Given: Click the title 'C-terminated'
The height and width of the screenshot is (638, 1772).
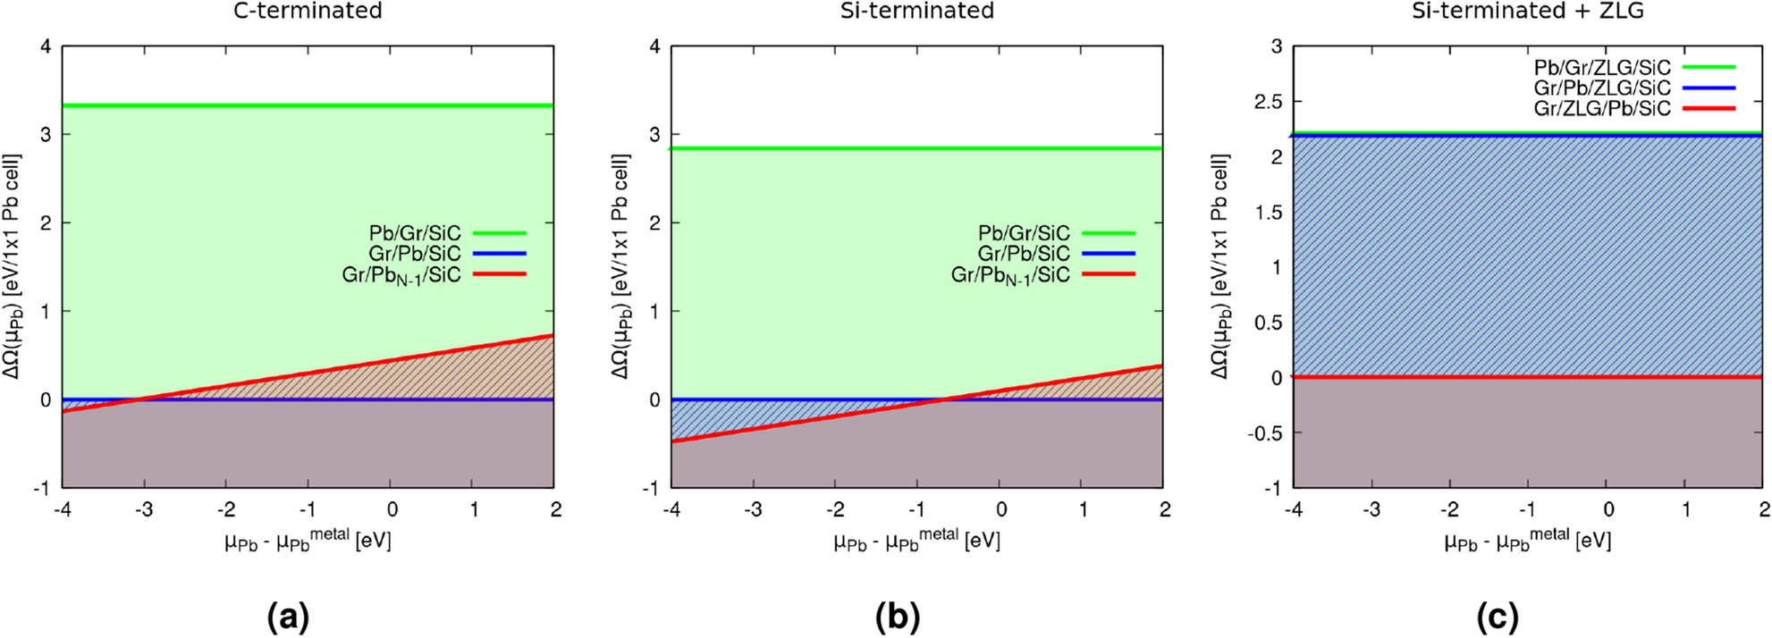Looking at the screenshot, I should point(308,11).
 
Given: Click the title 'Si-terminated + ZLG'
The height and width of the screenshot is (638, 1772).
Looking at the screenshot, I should point(1527,11).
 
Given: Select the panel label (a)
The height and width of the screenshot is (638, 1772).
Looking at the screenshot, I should point(288,617).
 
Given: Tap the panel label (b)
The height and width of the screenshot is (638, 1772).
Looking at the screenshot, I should point(898,617).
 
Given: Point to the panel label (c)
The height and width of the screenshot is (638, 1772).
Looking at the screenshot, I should point(1498,617).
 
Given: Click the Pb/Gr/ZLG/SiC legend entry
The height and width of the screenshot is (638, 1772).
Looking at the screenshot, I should point(1602,68).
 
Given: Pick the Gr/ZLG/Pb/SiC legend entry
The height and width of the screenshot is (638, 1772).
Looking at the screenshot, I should point(1602,109).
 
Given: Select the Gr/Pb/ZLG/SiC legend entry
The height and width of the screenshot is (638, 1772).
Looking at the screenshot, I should point(1602,88).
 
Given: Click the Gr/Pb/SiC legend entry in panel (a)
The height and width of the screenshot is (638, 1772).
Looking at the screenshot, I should point(415,254).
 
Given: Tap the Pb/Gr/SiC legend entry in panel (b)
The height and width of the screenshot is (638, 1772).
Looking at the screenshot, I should point(1024,233).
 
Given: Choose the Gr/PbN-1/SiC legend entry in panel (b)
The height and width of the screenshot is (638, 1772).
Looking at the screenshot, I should point(1010,275).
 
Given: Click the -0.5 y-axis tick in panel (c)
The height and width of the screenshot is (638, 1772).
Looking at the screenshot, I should point(1264,433).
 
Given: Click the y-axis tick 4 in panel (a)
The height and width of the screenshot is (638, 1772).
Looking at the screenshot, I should point(46,46).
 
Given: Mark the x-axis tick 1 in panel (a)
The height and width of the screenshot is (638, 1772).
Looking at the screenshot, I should point(473,509).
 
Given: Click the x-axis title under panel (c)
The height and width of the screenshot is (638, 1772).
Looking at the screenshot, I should point(1527,540).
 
